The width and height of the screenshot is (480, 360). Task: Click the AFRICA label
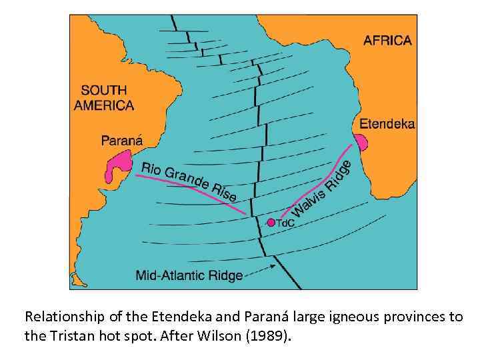pyautogui.click(x=387, y=40)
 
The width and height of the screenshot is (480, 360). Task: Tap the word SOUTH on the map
pyautogui.click(x=104, y=89)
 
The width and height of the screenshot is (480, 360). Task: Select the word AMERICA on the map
pyautogui.click(x=104, y=105)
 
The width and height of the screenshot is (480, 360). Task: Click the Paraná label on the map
pyautogui.click(x=121, y=140)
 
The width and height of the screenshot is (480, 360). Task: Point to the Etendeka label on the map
pyautogui.click(x=387, y=123)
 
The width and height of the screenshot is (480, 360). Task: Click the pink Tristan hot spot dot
pyautogui.click(x=271, y=223)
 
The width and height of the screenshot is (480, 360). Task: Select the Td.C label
pyautogui.click(x=285, y=223)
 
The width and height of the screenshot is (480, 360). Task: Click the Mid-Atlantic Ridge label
pyautogui.click(x=189, y=275)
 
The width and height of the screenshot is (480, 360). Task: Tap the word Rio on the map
pyautogui.click(x=151, y=167)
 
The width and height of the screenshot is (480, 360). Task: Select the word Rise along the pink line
pyautogui.click(x=223, y=192)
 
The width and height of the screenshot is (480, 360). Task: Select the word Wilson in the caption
pyautogui.click(x=232, y=335)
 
